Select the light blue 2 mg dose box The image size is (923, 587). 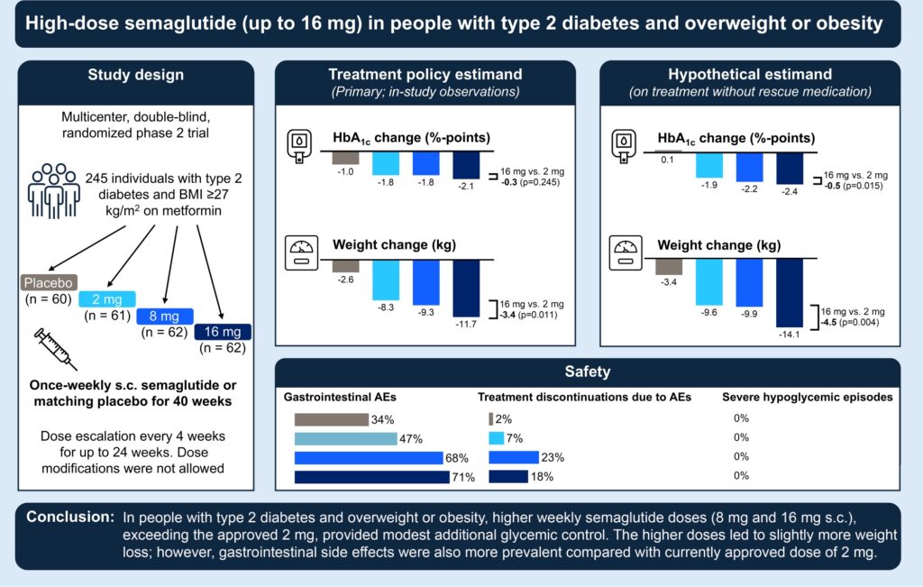click(x=107, y=298)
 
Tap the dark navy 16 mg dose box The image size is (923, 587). click(x=224, y=332)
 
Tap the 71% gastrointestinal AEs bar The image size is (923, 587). click(x=371, y=476)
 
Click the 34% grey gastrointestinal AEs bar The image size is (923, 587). click(x=331, y=419)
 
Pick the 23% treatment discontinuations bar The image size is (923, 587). click(x=513, y=457)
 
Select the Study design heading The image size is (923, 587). click(x=135, y=74)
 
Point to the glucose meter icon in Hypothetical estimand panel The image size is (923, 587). click(x=624, y=146)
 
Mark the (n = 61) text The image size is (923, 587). click(x=108, y=316)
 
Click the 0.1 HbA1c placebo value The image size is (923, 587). click(x=668, y=159)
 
